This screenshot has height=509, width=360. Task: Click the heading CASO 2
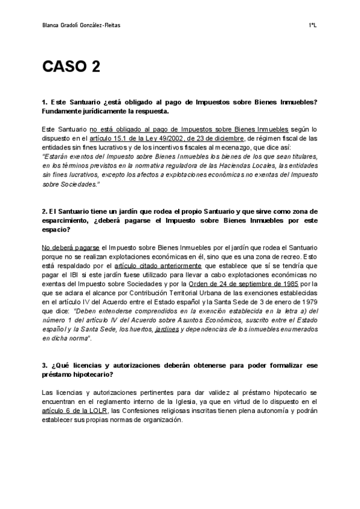click(x=71, y=67)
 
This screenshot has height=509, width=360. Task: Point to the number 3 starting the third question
click(x=45, y=364)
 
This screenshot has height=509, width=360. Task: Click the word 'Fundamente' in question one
click(x=61, y=111)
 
